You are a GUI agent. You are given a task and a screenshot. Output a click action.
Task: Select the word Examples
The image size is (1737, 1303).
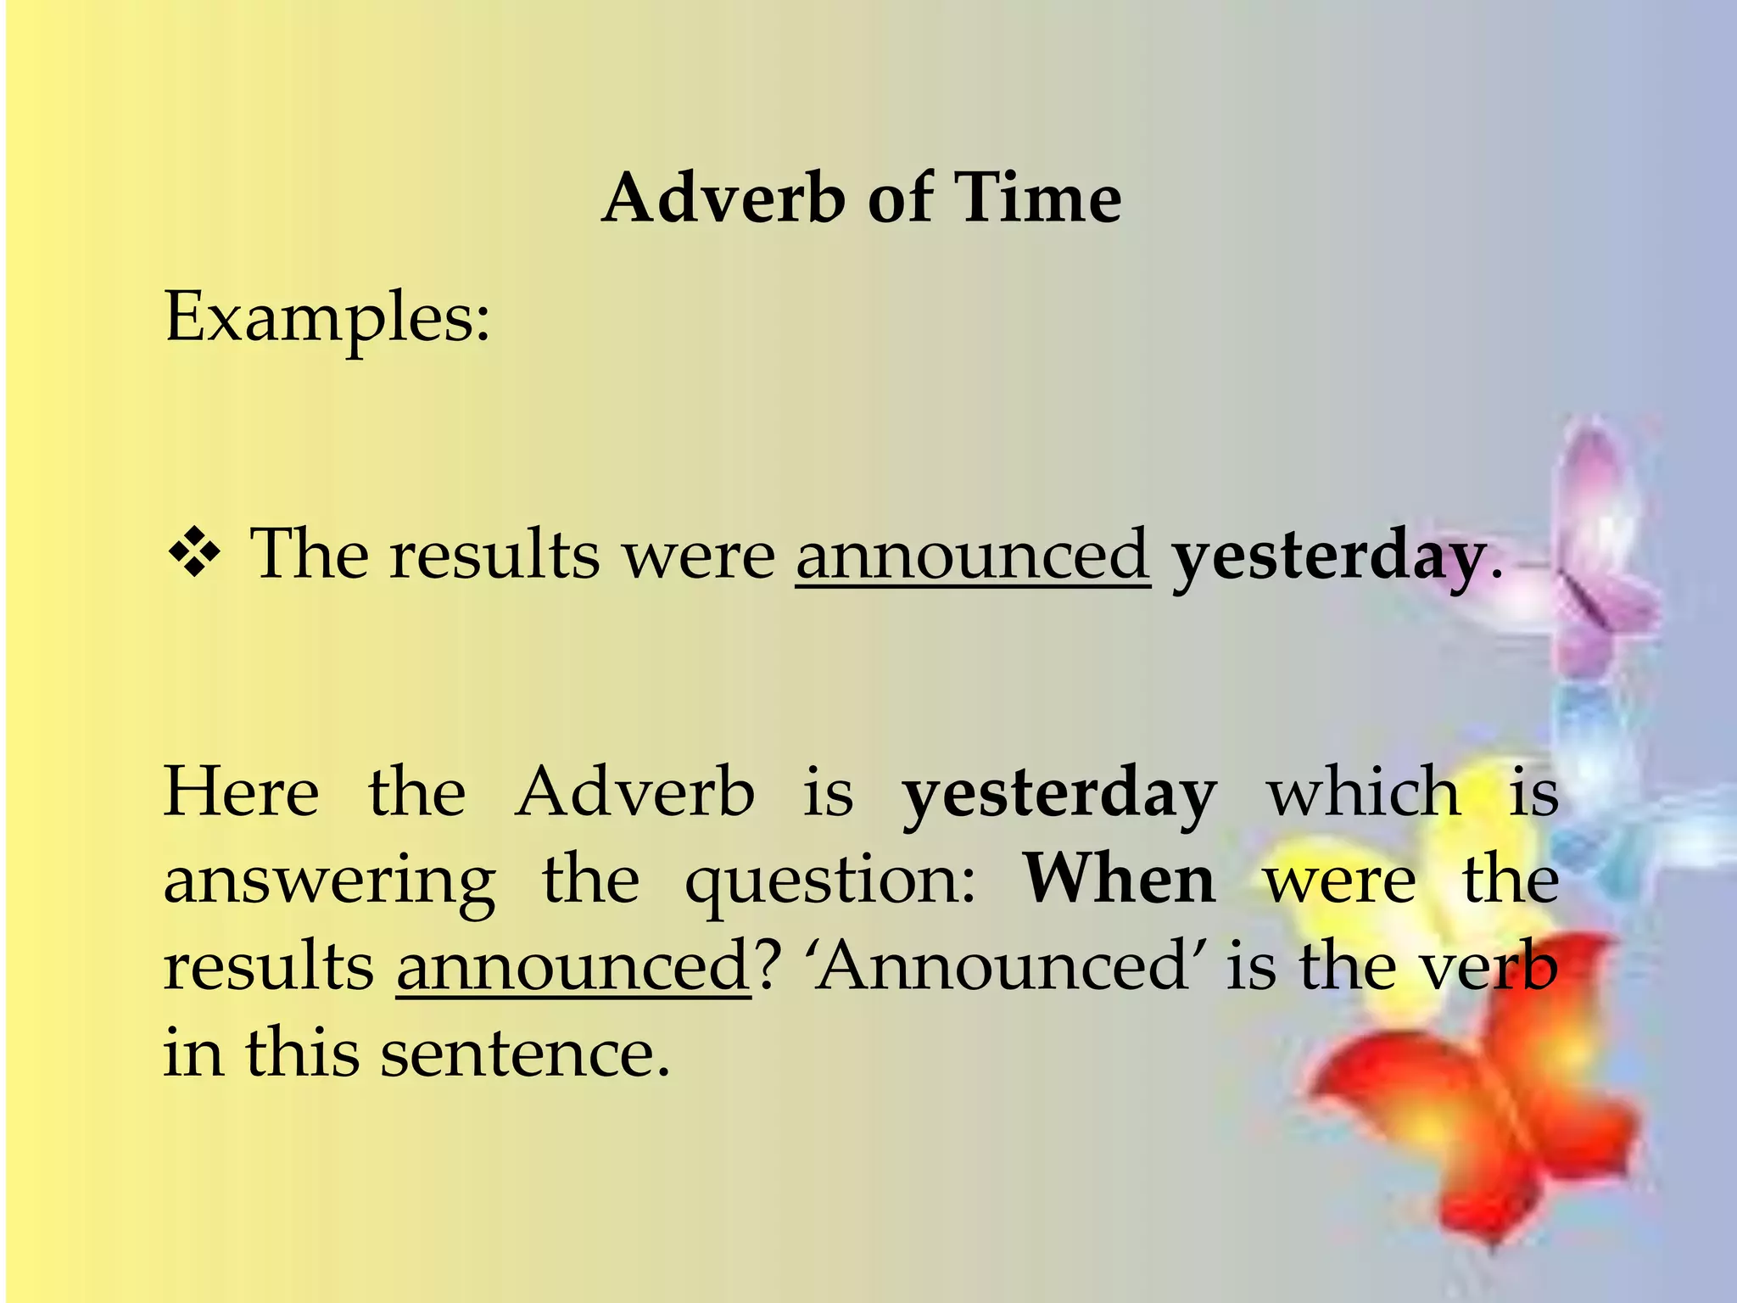coord(327,319)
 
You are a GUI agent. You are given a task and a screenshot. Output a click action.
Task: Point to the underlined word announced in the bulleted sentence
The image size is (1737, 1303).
coord(972,555)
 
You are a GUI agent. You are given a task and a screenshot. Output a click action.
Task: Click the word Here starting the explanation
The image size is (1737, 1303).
coord(242,792)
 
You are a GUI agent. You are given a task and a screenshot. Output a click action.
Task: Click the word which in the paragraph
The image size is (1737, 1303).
coord(1364,792)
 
